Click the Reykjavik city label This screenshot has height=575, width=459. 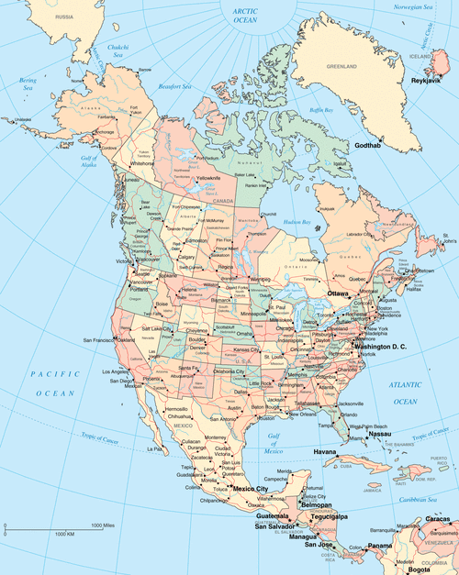tap(428, 80)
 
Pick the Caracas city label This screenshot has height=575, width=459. tap(439, 519)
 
